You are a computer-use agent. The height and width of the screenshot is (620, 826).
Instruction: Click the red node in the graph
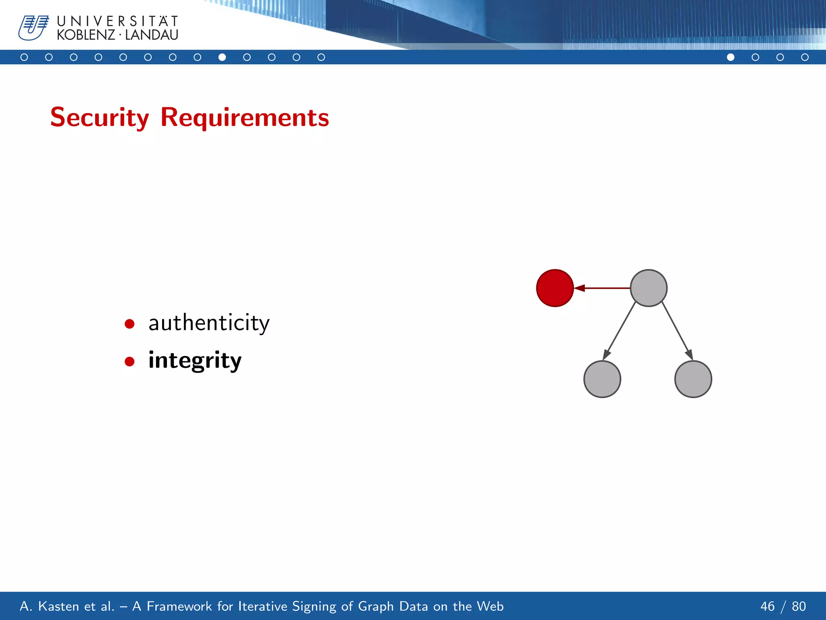point(555,288)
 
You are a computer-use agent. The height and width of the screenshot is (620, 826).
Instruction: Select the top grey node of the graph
point(649,288)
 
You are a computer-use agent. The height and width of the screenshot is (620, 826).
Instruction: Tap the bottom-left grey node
point(602,379)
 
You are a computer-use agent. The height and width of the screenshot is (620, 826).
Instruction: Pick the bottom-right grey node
point(693,379)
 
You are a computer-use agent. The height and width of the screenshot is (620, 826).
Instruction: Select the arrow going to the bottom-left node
point(619,331)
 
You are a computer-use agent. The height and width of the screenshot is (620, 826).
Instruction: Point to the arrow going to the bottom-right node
point(677,331)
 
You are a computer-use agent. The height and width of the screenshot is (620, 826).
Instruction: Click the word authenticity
point(209,323)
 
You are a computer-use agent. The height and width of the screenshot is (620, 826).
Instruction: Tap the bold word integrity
point(195,360)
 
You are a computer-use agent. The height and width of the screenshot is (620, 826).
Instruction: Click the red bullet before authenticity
point(129,324)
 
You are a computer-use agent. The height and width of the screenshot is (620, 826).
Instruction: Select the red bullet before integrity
point(129,361)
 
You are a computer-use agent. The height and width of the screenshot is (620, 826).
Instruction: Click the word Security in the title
point(100,117)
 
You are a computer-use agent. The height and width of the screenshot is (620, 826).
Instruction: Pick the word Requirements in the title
point(244,117)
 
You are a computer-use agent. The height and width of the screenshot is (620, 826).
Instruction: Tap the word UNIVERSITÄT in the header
point(117,21)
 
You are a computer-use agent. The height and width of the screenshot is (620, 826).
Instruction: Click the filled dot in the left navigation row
point(222,57)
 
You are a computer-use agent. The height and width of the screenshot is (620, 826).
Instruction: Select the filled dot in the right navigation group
point(730,57)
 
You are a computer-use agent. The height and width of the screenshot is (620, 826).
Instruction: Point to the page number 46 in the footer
point(767,606)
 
